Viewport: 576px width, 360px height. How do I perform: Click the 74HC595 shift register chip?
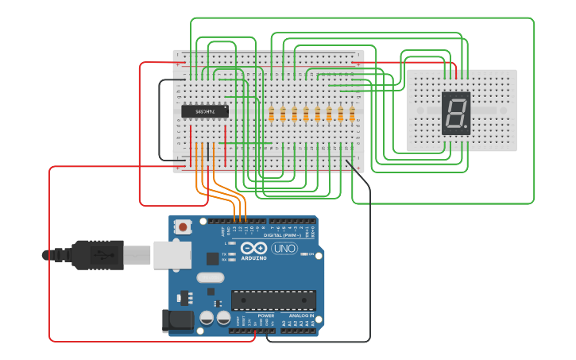tap(205, 111)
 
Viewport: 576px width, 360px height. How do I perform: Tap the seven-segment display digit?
tap(454, 112)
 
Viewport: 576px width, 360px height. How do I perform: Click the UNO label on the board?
tap(284, 249)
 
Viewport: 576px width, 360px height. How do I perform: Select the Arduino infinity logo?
tap(254, 247)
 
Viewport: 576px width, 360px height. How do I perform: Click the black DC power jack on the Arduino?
tap(178, 320)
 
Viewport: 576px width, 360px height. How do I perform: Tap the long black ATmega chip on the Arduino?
tap(273, 300)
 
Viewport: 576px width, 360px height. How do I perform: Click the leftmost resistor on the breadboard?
tap(272, 114)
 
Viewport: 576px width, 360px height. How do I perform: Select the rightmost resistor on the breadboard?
tap(352, 114)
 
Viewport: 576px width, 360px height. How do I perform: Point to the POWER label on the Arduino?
tap(265, 315)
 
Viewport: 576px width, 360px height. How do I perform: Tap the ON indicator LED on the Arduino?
tap(303, 254)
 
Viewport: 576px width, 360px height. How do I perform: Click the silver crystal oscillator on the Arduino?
tap(211, 278)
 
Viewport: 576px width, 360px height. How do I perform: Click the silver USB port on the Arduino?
tap(172, 254)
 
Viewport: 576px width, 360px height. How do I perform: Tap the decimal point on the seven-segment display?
tap(466, 127)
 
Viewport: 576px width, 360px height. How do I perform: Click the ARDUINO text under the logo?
tap(254, 257)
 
